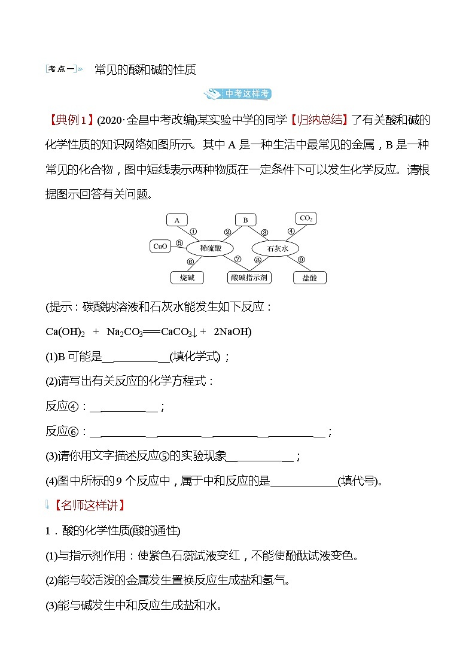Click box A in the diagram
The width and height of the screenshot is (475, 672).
click(177, 220)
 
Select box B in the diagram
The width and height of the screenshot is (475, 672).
click(245, 220)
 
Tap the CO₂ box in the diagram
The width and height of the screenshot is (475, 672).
click(306, 219)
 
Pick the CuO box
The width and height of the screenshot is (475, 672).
click(160, 246)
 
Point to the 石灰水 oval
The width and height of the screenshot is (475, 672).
click(275, 248)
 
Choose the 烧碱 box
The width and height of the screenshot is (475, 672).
click(187, 278)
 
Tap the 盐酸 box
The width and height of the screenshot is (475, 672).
click(309, 278)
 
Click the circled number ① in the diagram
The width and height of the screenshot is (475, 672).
click(193, 231)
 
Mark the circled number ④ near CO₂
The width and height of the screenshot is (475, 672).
click(291, 231)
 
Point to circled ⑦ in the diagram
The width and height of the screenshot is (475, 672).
click(237, 259)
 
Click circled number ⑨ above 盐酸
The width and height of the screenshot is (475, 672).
click(301, 259)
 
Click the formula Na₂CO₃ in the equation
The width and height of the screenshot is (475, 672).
click(125, 332)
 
